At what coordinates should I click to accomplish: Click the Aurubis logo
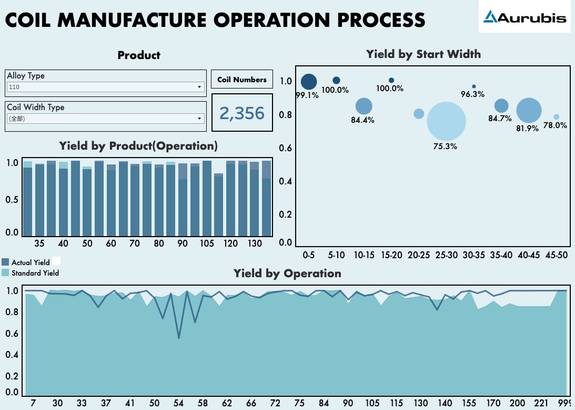pyautogui.click(x=524, y=17)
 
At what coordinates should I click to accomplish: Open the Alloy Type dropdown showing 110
pyautogui.click(x=105, y=87)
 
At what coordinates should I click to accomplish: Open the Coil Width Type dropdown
pyautogui.click(x=105, y=119)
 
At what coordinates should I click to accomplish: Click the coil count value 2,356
pyautogui.click(x=242, y=113)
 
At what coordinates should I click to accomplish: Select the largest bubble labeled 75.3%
pyautogui.click(x=446, y=121)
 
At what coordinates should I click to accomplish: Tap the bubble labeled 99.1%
pyautogui.click(x=309, y=82)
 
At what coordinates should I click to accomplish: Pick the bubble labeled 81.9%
pyautogui.click(x=529, y=111)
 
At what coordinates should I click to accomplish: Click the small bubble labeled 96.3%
pyautogui.click(x=474, y=86)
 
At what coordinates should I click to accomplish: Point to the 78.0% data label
pyautogui.click(x=555, y=125)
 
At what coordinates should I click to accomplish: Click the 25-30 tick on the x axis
pyautogui.click(x=446, y=255)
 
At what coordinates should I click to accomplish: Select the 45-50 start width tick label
pyautogui.click(x=557, y=255)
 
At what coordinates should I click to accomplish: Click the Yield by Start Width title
pyautogui.click(x=423, y=54)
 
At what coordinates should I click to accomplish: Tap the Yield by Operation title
pyautogui.click(x=287, y=273)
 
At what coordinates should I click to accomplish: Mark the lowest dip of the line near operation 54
pyautogui.click(x=179, y=338)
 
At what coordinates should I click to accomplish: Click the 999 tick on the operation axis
pyautogui.click(x=564, y=403)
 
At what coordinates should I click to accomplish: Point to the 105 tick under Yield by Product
pyautogui.click(x=207, y=243)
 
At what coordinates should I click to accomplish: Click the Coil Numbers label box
pyautogui.click(x=242, y=80)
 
